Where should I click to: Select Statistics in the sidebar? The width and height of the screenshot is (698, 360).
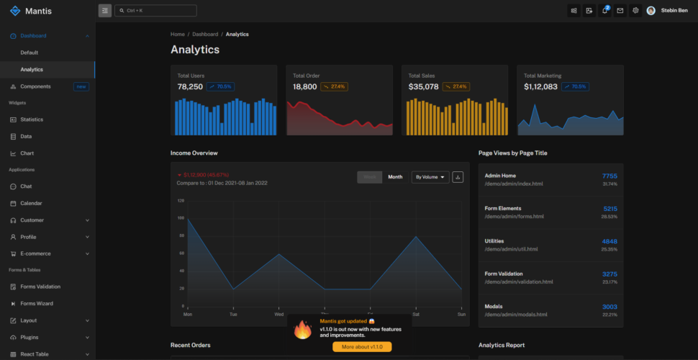32,120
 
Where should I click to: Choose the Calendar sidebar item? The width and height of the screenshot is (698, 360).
31,204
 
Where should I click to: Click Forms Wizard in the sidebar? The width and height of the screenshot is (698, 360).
37,304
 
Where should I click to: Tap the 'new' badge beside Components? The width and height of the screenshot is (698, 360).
81,86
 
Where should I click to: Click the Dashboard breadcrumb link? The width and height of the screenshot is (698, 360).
205,35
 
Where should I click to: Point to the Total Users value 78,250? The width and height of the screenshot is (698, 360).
190,86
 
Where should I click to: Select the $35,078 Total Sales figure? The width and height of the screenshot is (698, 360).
423,86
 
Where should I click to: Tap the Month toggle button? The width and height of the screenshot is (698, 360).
395,177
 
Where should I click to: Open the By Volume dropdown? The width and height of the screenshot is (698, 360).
430,177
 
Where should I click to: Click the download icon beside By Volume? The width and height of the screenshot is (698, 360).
458,177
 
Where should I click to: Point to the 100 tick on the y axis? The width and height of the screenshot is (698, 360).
181,218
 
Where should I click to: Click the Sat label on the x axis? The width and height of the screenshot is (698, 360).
416,314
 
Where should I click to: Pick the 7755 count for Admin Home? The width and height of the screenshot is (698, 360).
609,176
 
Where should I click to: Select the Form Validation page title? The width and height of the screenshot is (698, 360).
504,274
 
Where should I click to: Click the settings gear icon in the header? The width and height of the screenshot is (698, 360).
635,11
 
